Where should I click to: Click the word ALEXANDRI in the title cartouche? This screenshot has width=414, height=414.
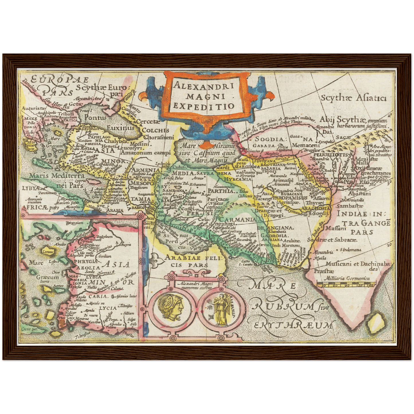click(204, 85)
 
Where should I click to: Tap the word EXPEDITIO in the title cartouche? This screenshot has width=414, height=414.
click(204, 106)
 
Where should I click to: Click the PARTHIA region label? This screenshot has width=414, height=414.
click(221, 191)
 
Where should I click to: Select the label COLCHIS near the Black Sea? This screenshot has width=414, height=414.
click(155, 131)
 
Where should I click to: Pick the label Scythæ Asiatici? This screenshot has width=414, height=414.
click(354, 98)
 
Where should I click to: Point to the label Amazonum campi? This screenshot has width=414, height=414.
click(145, 153)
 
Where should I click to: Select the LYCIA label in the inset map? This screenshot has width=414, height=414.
click(108, 308)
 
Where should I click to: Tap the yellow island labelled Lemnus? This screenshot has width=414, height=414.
click(48, 252)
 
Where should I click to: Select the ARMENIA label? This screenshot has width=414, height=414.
click(145, 170)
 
